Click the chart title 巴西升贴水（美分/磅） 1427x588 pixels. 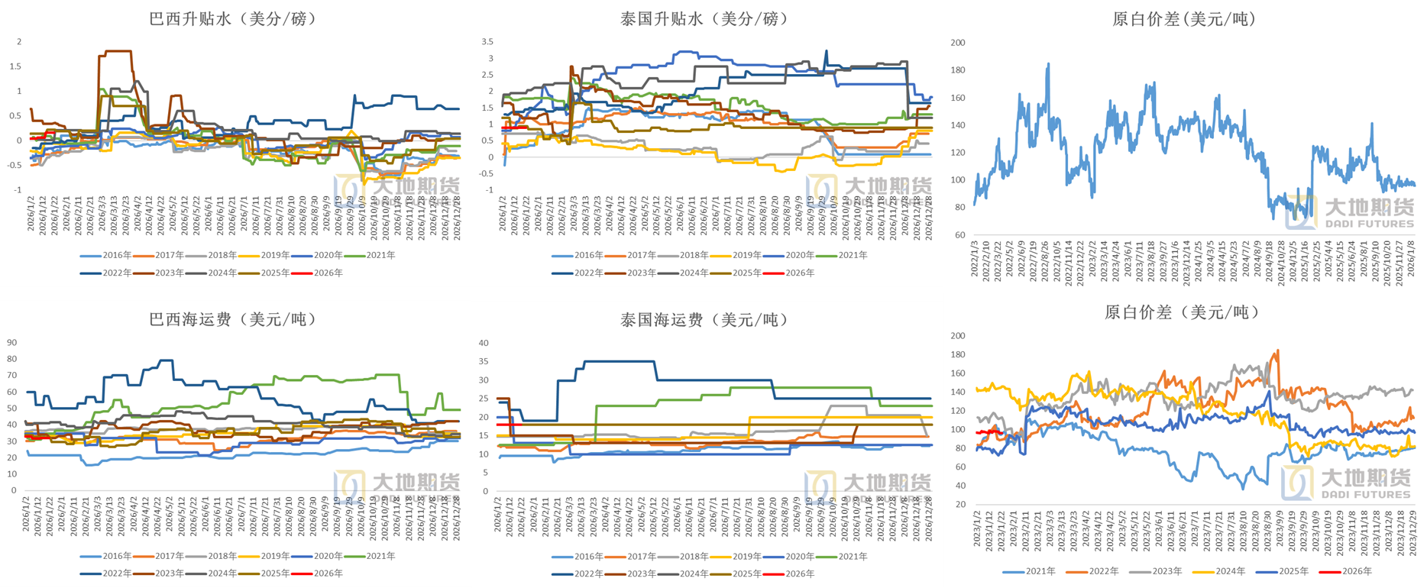click(x=232, y=18)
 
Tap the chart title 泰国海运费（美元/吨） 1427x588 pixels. click(x=704, y=320)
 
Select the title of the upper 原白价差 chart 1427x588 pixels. click(x=1183, y=18)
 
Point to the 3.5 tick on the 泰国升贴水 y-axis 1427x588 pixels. click(x=487, y=42)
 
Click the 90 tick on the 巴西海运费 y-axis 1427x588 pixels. click(x=11, y=343)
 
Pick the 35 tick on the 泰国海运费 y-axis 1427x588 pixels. click(x=484, y=362)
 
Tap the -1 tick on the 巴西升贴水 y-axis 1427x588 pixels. click(x=18, y=190)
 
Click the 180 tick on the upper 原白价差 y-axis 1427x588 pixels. click(x=957, y=70)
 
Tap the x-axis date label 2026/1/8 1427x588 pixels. click(x=1412, y=260)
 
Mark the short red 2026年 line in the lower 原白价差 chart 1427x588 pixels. click(x=989, y=432)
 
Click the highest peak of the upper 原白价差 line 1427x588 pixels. click(x=1047, y=64)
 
